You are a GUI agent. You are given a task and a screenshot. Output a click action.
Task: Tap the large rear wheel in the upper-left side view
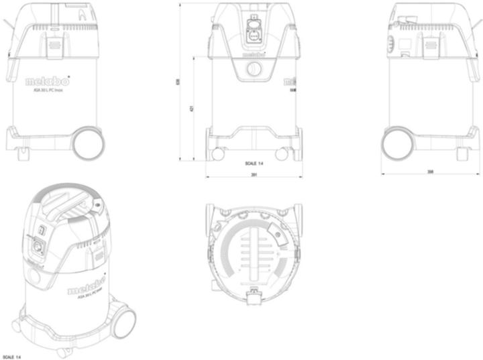[87, 142]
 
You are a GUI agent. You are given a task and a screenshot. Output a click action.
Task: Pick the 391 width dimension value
[253, 175]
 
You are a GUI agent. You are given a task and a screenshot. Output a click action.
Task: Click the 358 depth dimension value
[430, 172]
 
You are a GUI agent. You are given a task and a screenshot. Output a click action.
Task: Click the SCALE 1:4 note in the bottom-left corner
[11, 357]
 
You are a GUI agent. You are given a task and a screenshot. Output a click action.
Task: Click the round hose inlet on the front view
[254, 68]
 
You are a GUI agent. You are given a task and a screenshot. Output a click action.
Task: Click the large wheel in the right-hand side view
[398, 142]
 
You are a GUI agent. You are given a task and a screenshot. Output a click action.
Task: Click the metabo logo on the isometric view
[87, 285]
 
